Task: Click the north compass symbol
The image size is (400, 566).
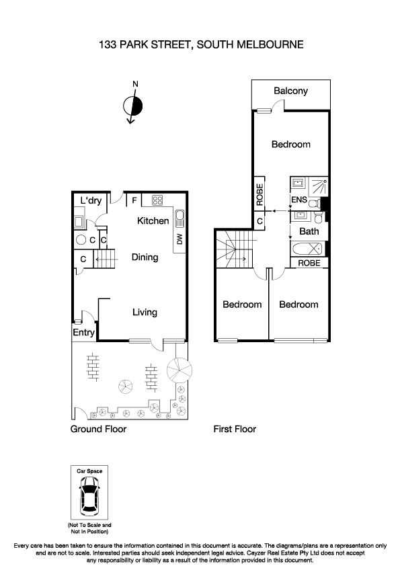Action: [133, 105]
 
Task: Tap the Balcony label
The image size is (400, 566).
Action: [290, 91]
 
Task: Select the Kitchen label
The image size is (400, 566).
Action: [153, 220]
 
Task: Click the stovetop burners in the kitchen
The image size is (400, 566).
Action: [159, 200]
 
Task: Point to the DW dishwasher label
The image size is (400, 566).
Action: [179, 239]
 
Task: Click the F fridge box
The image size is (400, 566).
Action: [134, 200]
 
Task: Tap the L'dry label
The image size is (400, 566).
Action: [91, 200]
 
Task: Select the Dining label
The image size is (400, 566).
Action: [145, 257]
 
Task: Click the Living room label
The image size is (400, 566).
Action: [145, 312]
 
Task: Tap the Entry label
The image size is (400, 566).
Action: [84, 332]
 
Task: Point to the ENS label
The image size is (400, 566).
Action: [298, 200]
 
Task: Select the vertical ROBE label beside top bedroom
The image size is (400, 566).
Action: [259, 192]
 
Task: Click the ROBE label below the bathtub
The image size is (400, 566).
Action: [309, 263]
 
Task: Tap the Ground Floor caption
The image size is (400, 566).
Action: [98, 429]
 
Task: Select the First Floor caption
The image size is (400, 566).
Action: [235, 429]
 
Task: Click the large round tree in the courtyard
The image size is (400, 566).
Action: [179, 369]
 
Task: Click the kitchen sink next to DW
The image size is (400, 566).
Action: [179, 218]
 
